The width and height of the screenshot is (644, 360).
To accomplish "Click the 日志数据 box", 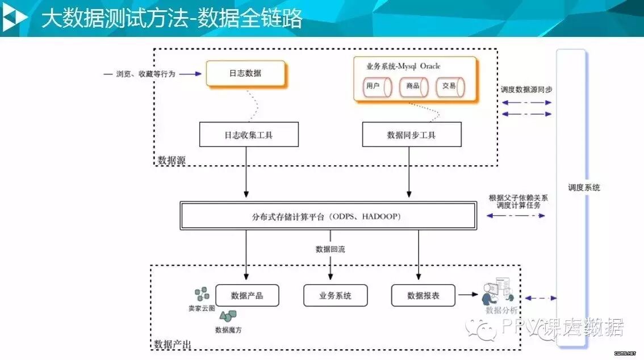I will click(x=245, y=73).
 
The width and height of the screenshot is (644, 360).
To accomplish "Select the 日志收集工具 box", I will click(x=249, y=135).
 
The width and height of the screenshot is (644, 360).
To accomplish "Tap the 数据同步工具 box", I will click(x=412, y=135).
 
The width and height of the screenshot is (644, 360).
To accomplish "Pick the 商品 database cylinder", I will click(x=413, y=86).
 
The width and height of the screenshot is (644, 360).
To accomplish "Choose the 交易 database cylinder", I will click(x=450, y=86).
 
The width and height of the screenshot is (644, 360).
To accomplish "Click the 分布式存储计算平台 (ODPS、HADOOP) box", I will click(x=328, y=216).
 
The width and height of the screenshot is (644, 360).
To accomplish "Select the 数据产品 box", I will click(x=247, y=295).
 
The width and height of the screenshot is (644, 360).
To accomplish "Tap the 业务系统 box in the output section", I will click(x=335, y=295).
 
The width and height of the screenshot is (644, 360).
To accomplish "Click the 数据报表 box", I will click(x=423, y=295).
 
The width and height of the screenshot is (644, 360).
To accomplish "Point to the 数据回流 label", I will click(x=331, y=249).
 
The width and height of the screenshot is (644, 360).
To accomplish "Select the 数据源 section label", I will click(x=172, y=160).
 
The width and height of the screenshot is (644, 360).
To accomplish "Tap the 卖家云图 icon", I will click(x=202, y=295).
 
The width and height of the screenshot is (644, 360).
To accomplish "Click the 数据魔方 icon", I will click(x=228, y=316).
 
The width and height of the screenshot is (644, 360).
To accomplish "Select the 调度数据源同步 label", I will click(x=526, y=90).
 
